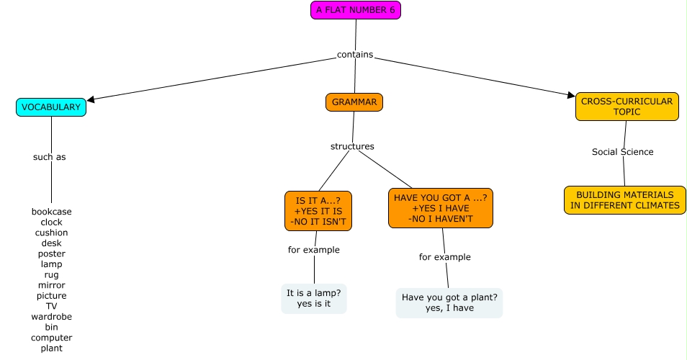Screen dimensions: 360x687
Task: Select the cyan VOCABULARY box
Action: click(51, 107)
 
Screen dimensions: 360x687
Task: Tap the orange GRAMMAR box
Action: click(354, 102)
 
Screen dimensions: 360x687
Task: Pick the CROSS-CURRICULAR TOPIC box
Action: click(627, 107)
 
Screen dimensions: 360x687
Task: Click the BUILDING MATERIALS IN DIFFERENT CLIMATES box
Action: click(624, 200)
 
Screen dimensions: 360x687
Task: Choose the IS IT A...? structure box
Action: click(318, 211)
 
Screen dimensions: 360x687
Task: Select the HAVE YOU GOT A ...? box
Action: click(441, 208)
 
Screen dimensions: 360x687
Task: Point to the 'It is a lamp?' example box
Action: click(314, 298)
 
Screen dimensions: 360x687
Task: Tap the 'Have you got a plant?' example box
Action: click(449, 302)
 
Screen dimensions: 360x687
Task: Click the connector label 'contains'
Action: click(355, 55)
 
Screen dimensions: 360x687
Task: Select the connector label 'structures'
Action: click(352, 146)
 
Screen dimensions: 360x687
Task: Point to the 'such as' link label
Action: click(50, 157)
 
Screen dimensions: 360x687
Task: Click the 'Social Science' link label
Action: click(623, 152)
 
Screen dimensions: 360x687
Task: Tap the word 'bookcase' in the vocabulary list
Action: click(52, 212)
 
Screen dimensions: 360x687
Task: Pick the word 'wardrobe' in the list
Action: click(52, 317)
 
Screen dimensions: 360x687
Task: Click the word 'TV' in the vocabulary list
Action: click(52, 306)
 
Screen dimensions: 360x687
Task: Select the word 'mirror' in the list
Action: click(52, 285)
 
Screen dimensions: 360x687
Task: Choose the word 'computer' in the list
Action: click(52, 338)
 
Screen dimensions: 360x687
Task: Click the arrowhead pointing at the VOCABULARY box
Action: click(91, 100)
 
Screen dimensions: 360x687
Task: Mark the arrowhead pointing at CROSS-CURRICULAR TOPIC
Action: click(571, 94)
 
